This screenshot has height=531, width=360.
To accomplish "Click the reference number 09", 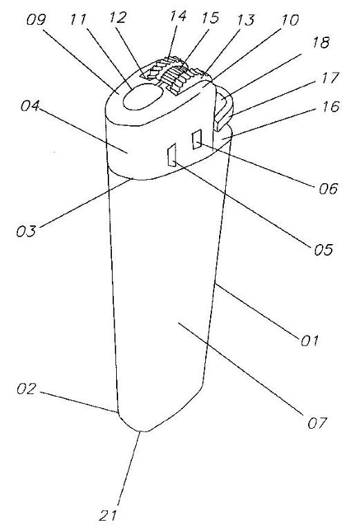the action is pyautogui.click(x=36, y=20).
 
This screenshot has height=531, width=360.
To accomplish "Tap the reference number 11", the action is pyautogui.click(x=79, y=19).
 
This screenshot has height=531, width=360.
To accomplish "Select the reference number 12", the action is pyautogui.click(x=117, y=17).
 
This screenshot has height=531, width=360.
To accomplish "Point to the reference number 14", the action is pyautogui.click(x=178, y=16).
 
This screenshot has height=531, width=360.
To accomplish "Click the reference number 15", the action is pyautogui.click(x=211, y=18).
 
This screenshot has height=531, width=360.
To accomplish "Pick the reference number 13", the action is pyautogui.click(x=245, y=20).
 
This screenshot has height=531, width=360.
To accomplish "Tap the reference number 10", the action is pyautogui.click(x=290, y=20).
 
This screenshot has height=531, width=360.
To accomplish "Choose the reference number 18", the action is pyautogui.click(x=321, y=43).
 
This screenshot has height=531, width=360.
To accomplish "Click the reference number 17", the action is pyautogui.click(x=330, y=77).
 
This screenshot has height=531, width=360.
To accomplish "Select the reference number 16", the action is pyautogui.click(x=330, y=106).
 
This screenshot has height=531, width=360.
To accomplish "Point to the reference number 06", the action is pyautogui.click(x=328, y=188).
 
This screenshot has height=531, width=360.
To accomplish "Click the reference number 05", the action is pyautogui.click(x=323, y=250).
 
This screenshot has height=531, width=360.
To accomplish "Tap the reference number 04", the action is pyautogui.click(x=30, y=106).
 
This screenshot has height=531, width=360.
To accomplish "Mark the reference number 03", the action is pyautogui.click(x=26, y=231).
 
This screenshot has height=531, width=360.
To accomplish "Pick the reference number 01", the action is pyautogui.click(x=310, y=340).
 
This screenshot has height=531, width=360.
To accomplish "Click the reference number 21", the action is pyautogui.click(x=108, y=515).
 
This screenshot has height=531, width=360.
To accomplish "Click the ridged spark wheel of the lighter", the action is pyautogui.click(x=175, y=75).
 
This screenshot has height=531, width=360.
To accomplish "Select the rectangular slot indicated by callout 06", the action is pyautogui.click(x=196, y=139).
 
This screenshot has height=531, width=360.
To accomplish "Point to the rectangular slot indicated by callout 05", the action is pyautogui.click(x=172, y=155).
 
